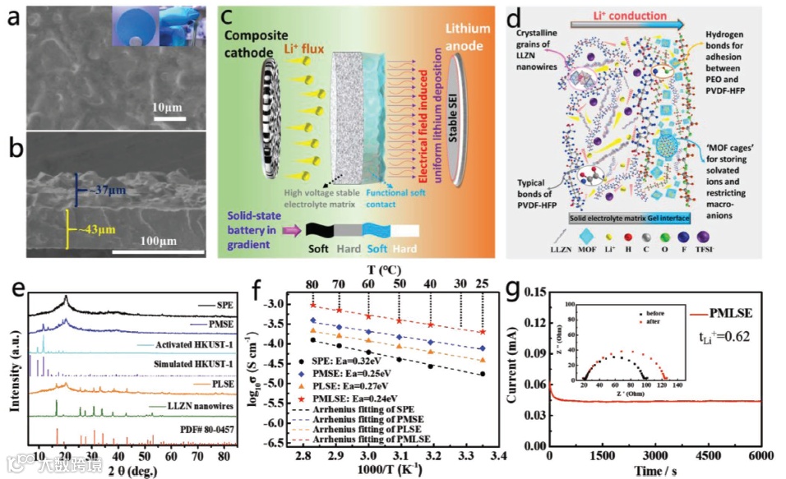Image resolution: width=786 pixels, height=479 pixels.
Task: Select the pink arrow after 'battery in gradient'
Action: pos(291,232)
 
